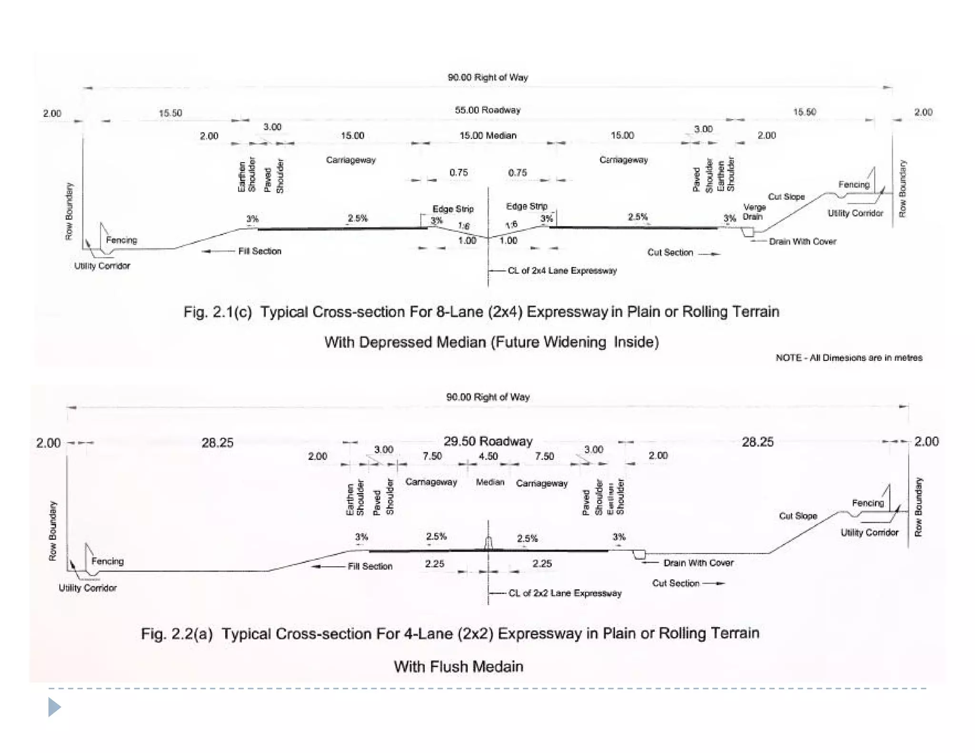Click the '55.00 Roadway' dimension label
pos(487,110)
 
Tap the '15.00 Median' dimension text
pos(487,136)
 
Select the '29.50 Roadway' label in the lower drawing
pos(487,441)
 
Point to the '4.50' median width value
pos(488,456)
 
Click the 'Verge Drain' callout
pos(754,212)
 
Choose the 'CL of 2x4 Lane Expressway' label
pos(562,271)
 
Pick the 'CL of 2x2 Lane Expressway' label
pos(565,593)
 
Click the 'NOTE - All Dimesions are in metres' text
pos(849,357)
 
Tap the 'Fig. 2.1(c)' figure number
pos(218,312)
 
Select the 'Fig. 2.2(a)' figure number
pos(177,634)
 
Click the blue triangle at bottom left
pos(54,707)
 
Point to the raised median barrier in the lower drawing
pos(488,543)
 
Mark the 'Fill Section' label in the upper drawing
pos(259,251)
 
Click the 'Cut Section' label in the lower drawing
pos(676,583)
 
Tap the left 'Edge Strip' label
pos(453,209)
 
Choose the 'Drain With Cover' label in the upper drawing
pos(802,241)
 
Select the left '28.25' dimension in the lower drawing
pos(217,443)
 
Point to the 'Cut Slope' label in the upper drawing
pos(786,197)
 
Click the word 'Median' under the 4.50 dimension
pos(490,482)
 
